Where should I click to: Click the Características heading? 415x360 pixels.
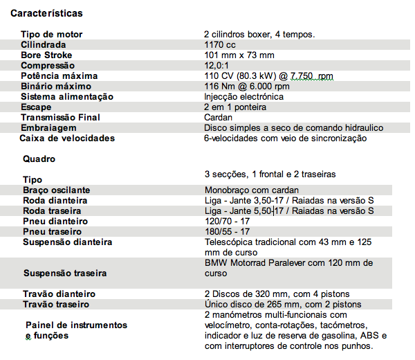tap(46, 13)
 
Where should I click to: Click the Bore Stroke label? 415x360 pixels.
tap(46, 55)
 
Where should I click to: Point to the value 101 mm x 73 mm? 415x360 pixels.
tap(239, 55)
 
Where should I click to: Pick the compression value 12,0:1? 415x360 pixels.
tap(216, 65)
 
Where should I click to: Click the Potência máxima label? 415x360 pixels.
tap(59, 75)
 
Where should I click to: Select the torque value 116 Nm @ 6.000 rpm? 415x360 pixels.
tap(246, 86)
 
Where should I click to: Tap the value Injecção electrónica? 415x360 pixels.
tap(243, 96)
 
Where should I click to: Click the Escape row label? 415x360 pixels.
tap(36, 107)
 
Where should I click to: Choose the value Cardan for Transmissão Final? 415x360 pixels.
tap(218, 117)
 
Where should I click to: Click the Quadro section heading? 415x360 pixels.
tap(39, 159)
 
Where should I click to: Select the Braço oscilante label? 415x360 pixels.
tap(56, 190)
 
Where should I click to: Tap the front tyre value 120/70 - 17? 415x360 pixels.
tap(228, 221)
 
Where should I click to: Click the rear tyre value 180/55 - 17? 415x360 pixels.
tap(228, 231)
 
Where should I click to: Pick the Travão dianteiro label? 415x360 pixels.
tap(59, 294)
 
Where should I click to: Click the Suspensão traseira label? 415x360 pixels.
tap(66, 273)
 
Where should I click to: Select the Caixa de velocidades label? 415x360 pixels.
tap(67, 138)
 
